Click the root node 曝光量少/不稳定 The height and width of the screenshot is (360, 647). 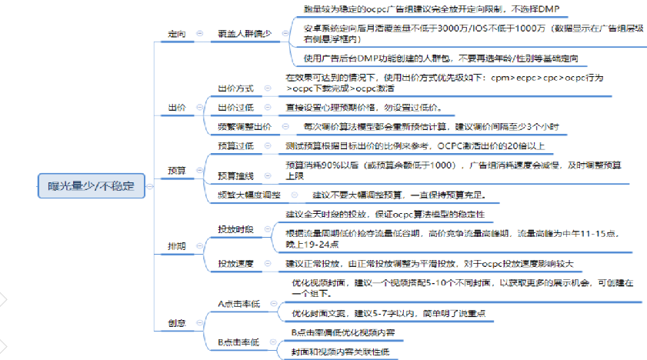coord(91,185)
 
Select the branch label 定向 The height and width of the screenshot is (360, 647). coord(176,34)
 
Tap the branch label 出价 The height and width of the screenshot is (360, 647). coord(176,107)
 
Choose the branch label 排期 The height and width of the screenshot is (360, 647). coord(176,245)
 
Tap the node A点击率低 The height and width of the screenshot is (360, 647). coord(238,304)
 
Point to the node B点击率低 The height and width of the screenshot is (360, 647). coord(238,342)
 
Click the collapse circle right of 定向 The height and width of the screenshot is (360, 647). coord(200,35)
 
